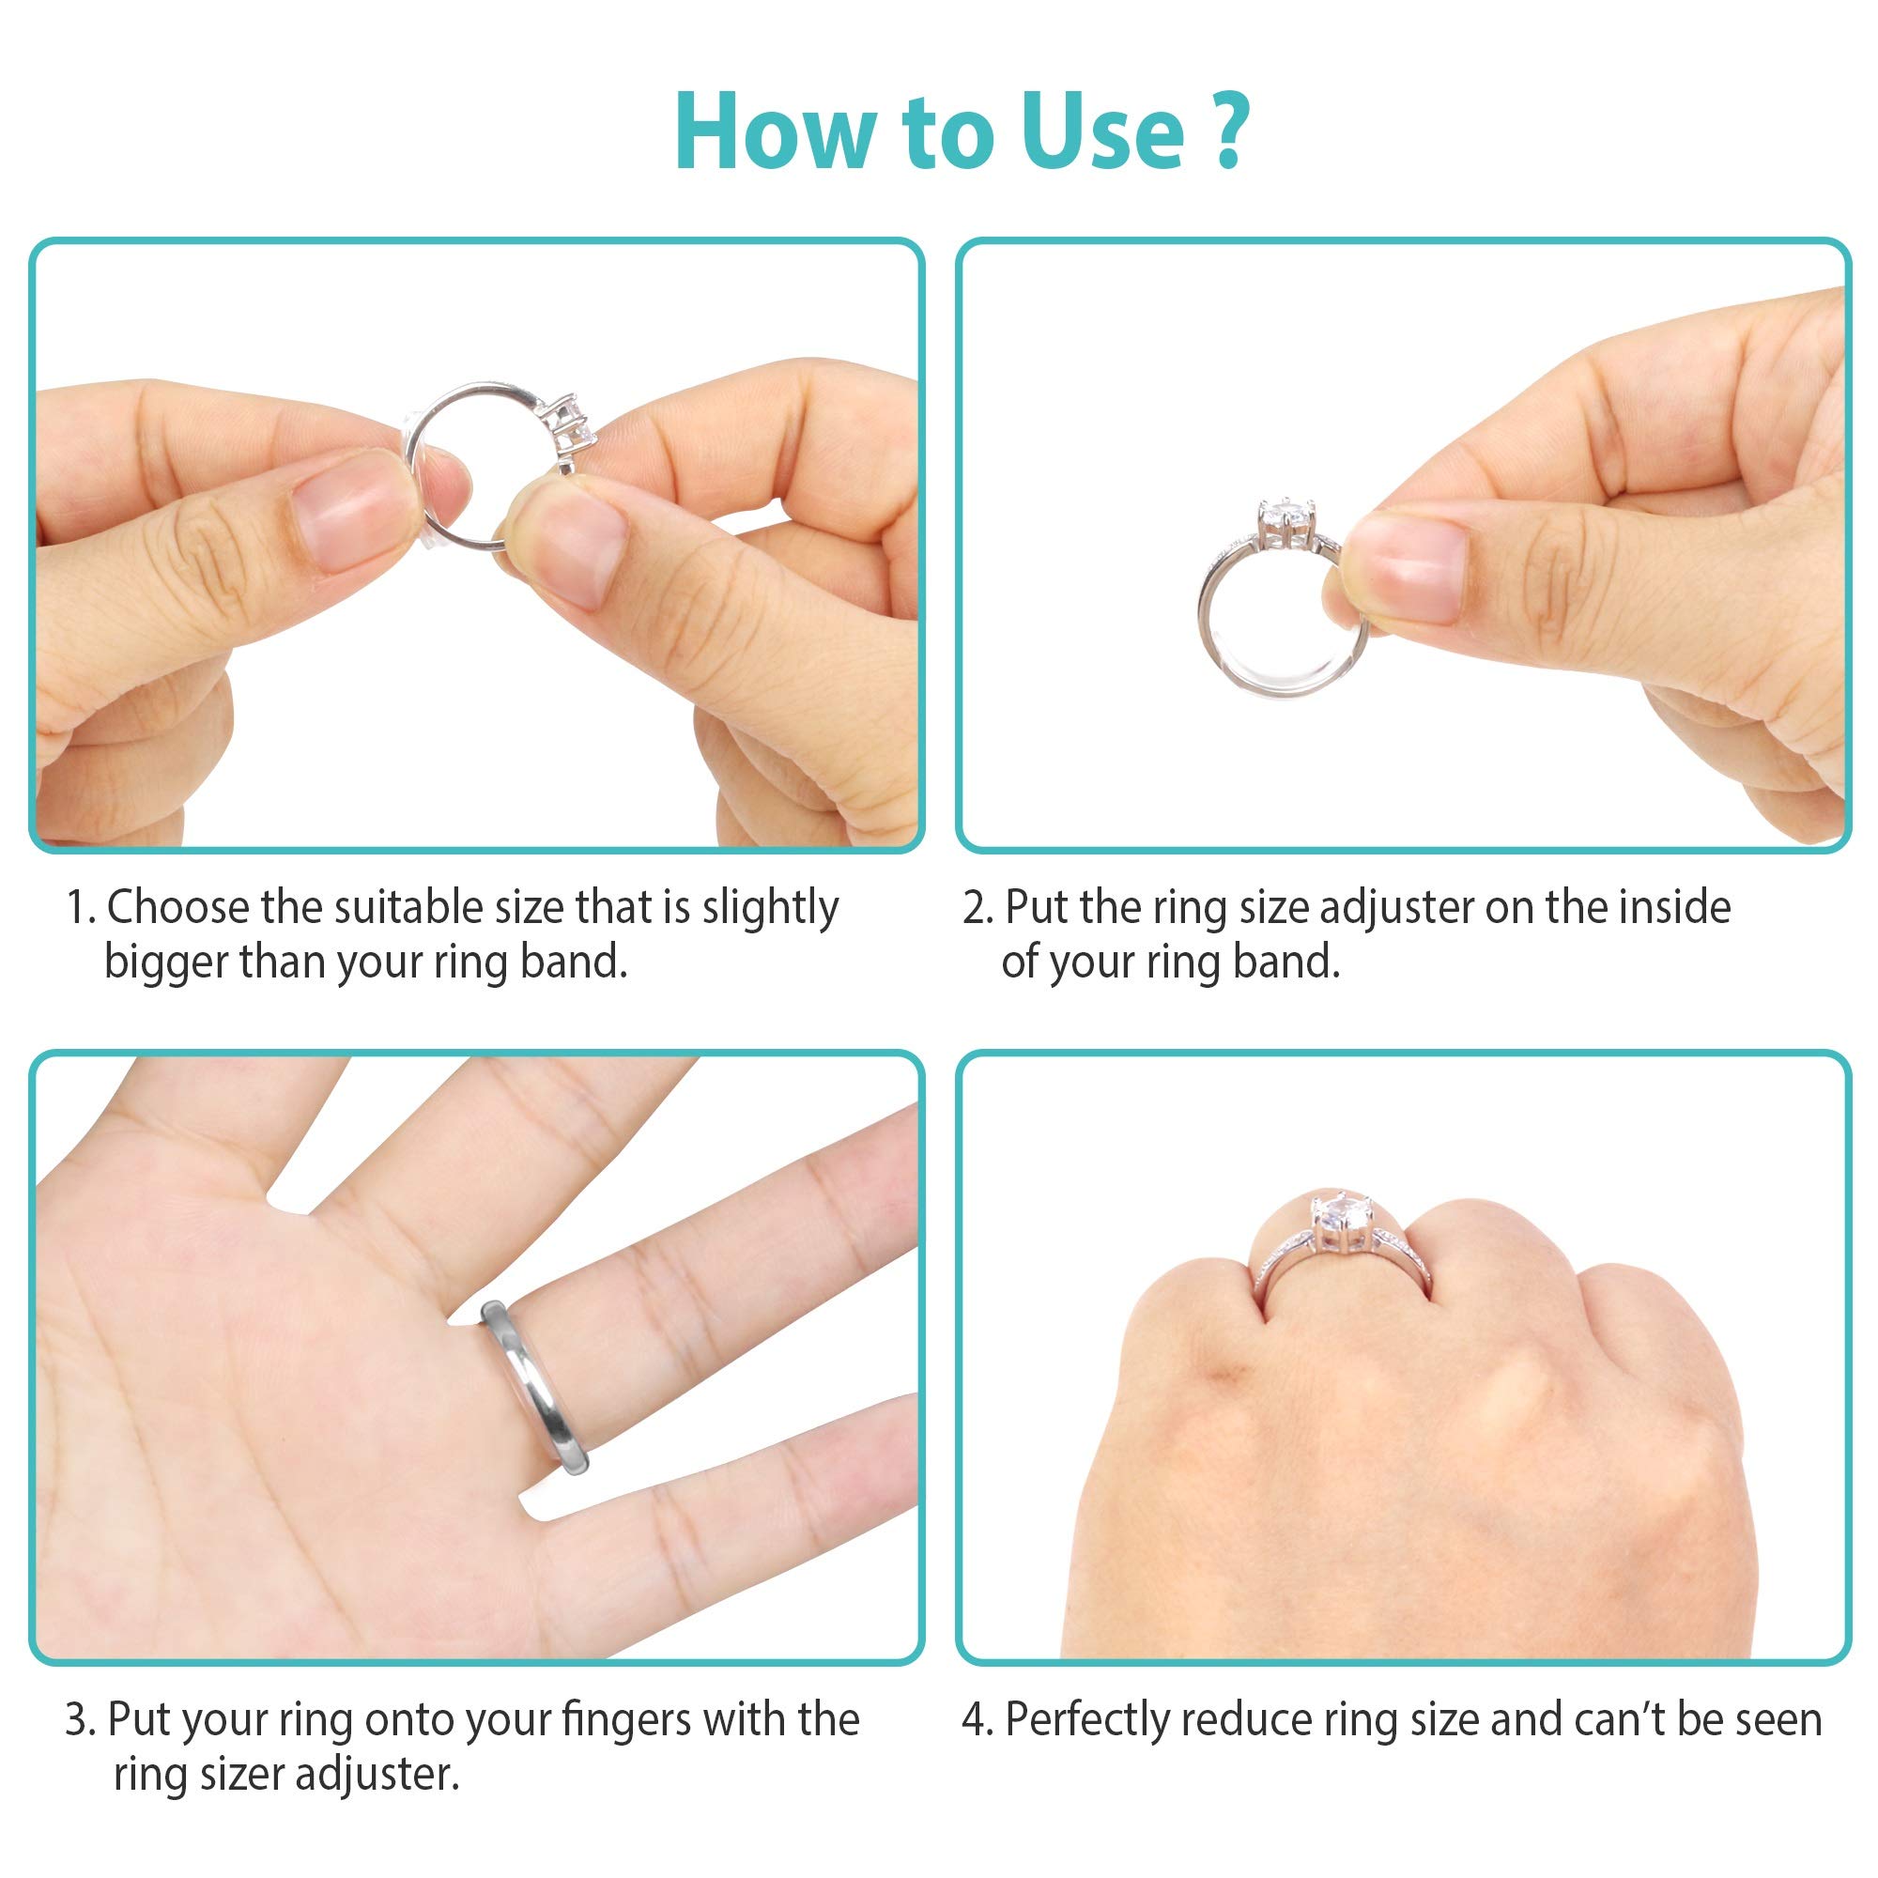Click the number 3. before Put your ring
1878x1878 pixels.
coord(81,1719)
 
